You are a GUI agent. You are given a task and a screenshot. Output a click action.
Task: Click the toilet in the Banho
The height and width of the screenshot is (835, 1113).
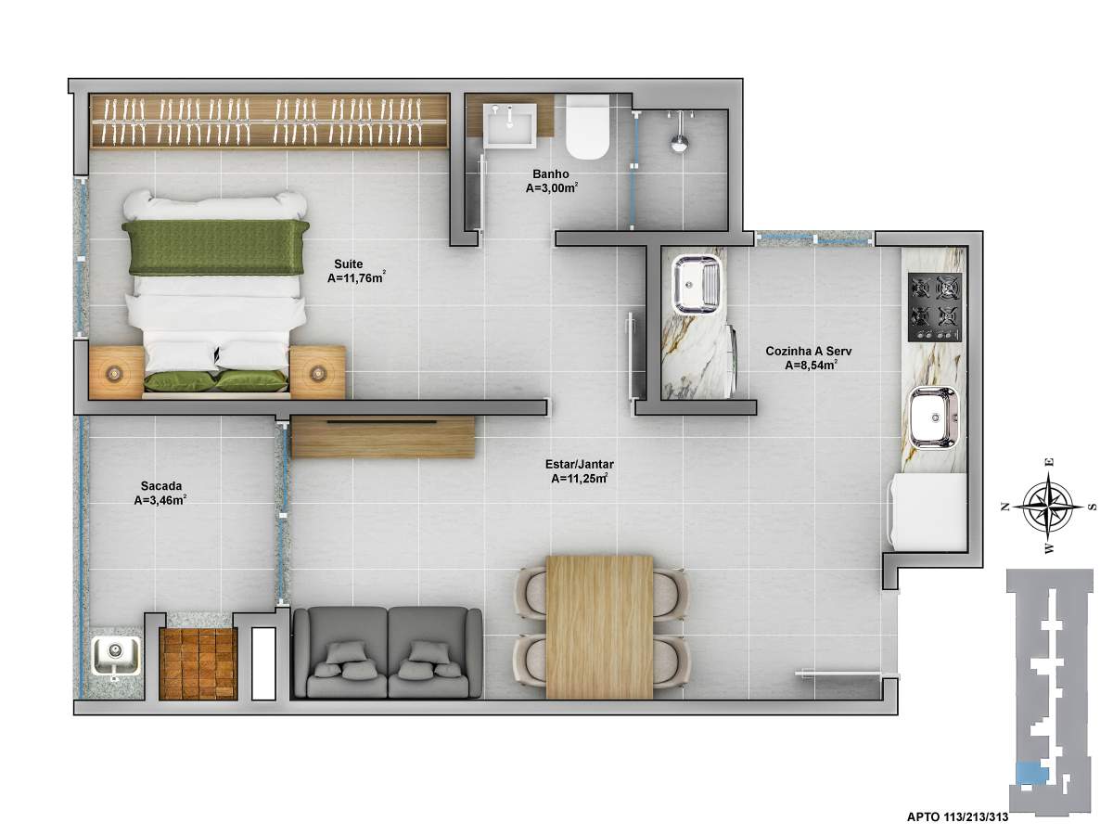[x=587, y=127]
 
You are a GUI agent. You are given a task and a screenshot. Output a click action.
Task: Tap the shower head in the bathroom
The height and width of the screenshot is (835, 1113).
[x=680, y=143]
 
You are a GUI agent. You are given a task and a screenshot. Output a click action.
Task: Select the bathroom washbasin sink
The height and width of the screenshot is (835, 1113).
[x=509, y=126]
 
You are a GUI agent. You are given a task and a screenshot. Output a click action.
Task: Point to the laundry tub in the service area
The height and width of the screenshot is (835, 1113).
[x=697, y=284]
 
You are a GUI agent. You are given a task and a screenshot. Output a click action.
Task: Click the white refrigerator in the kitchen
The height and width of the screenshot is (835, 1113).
[x=927, y=511]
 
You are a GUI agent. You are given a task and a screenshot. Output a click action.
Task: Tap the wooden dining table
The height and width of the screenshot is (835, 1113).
[x=599, y=627]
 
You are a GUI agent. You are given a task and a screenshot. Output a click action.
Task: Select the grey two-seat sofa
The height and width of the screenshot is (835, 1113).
[x=388, y=652]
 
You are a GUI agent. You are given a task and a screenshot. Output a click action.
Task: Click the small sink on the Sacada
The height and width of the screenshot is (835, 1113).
[x=116, y=656]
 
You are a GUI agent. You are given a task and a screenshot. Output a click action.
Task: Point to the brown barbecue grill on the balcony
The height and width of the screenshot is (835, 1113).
[x=198, y=663]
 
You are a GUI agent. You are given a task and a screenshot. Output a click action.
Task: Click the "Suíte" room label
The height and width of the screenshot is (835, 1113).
[x=349, y=264]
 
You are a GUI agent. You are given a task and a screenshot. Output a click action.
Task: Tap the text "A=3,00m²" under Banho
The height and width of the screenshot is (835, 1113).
[x=552, y=188]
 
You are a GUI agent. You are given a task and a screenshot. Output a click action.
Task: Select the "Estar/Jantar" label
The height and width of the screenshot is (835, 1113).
[x=580, y=464]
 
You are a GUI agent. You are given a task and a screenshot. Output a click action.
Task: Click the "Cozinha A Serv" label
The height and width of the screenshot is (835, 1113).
[x=808, y=351]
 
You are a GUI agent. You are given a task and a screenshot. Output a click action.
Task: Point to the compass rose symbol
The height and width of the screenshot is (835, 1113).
[x=1048, y=506]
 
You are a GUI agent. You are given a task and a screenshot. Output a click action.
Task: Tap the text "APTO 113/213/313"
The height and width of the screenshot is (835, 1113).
[x=957, y=816]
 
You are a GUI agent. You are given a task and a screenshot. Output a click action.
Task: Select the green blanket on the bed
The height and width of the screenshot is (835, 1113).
[x=216, y=247]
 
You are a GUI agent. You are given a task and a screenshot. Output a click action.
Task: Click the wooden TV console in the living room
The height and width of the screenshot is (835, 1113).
[x=383, y=436]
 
